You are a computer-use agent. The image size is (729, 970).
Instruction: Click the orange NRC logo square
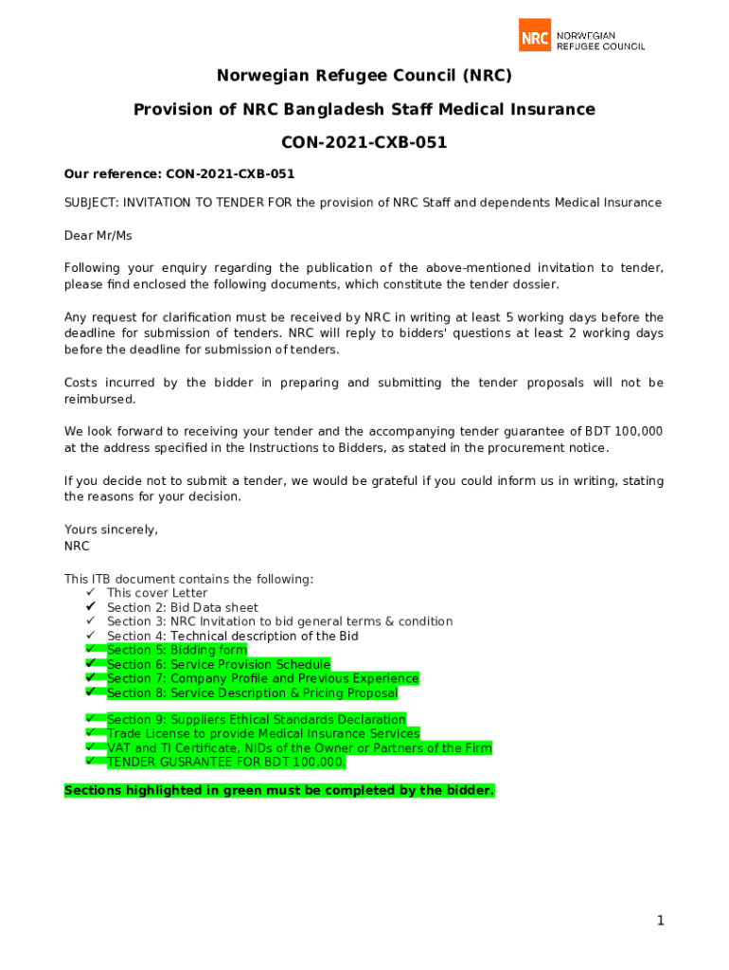[x=535, y=35]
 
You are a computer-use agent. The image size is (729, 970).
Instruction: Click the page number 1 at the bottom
[x=661, y=921]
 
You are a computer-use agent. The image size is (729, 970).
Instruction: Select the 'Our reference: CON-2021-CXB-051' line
[x=179, y=173]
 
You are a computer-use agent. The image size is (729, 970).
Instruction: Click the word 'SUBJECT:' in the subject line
[x=92, y=203]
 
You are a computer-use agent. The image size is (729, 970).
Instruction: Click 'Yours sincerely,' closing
[x=111, y=530]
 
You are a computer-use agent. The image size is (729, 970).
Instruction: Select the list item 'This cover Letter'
[x=157, y=593]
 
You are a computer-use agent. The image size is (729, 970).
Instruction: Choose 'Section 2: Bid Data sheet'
[x=183, y=607]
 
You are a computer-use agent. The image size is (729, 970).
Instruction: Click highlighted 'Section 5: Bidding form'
[x=177, y=650]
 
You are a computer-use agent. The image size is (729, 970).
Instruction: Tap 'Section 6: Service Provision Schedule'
[x=219, y=664]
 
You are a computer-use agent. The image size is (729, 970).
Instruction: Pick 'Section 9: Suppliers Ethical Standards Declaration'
[x=257, y=720]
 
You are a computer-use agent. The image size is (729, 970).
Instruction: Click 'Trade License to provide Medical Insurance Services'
[x=263, y=733]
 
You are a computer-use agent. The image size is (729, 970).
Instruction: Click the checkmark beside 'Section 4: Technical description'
[x=91, y=636]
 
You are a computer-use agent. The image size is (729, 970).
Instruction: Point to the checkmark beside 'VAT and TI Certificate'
[x=91, y=747]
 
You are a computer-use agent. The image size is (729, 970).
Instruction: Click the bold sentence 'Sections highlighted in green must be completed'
[x=279, y=790]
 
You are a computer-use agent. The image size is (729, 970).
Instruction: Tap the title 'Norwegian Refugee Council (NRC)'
[x=364, y=76]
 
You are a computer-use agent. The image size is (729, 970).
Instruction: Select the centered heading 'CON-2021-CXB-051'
[x=364, y=143]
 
